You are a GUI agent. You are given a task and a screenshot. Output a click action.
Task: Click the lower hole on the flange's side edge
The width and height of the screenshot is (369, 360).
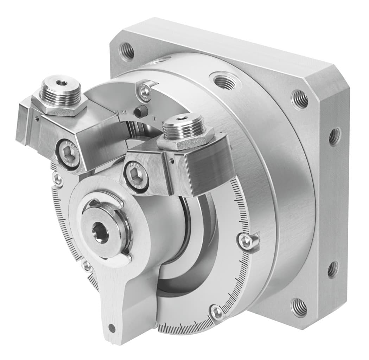click(332, 269)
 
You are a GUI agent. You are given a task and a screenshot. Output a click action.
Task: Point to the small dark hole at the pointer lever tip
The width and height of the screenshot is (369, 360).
click(112, 328)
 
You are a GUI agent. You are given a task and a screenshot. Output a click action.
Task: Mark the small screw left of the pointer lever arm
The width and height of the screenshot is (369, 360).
click(86, 266)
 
